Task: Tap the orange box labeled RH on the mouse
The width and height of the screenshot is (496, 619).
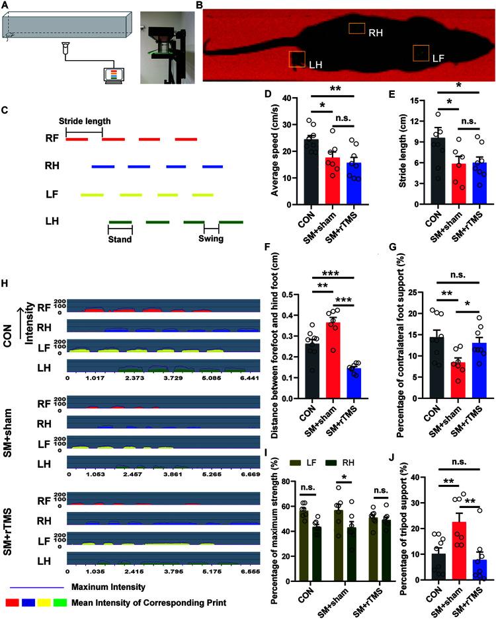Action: pyautogui.click(x=357, y=28)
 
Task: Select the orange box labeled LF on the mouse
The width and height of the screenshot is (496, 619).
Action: pyautogui.click(x=421, y=52)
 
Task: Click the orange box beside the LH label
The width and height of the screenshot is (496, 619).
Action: pyautogui.click(x=297, y=59)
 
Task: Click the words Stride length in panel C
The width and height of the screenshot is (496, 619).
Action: pyautogui.click(x=85, y=121)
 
